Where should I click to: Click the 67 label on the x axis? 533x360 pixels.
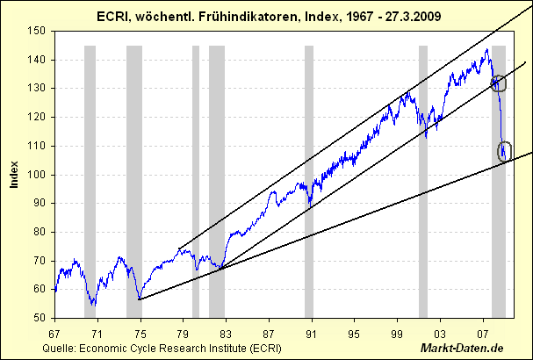[x=54, y=335]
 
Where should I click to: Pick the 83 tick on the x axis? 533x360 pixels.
[x=225, y=335]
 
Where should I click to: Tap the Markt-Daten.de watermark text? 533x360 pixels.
[x=479, y=349]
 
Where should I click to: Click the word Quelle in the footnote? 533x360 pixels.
[x=58, y=349]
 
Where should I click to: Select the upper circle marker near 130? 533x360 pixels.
[x=500, y=83]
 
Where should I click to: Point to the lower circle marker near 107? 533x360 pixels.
[x=504, y=151]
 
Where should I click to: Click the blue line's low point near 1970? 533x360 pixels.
[x=93, y=305]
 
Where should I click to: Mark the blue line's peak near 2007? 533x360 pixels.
[x=487, y=49]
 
